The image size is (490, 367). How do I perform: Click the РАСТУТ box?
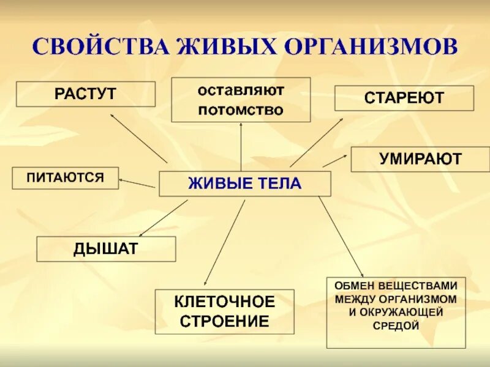coord(85,94)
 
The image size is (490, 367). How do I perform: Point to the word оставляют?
coord(241,90)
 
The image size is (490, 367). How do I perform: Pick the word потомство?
coord(241,110)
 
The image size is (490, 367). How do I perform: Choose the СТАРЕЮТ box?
coord(404,98)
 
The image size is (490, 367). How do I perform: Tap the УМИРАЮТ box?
coord(420,159)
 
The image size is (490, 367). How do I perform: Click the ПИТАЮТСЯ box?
coord(65,177)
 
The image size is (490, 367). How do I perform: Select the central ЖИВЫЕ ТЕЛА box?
coord(244,183)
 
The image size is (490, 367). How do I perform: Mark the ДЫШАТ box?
coord(106,249)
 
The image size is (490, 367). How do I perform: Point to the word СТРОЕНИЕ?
coord(225,321)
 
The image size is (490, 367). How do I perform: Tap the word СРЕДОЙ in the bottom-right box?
coord(396,325)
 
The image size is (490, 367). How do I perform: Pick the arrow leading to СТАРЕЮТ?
coord(316,143)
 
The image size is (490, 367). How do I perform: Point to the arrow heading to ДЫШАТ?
coord(164,218)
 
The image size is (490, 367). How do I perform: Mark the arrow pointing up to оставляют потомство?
coord(241,147)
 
